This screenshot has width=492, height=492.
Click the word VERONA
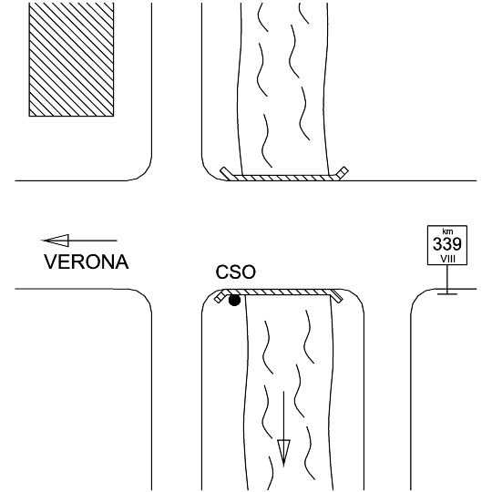(87, 261)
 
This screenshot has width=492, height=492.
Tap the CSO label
(235, 272)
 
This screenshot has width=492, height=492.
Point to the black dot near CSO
(234, 301)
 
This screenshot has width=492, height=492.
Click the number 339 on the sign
(447, 244)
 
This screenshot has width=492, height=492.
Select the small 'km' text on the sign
(447, 231)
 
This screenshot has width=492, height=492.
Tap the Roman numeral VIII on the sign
(447, 259)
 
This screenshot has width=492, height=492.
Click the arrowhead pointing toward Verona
(56, 241)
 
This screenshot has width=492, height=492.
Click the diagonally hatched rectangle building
(71, 59)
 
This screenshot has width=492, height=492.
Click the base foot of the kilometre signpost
(447, 293)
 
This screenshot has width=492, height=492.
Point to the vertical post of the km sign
(447, 279)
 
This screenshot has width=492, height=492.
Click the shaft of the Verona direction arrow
(93, 241)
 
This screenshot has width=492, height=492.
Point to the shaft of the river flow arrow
(283, 415)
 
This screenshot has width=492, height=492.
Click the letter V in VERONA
(50, 261)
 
